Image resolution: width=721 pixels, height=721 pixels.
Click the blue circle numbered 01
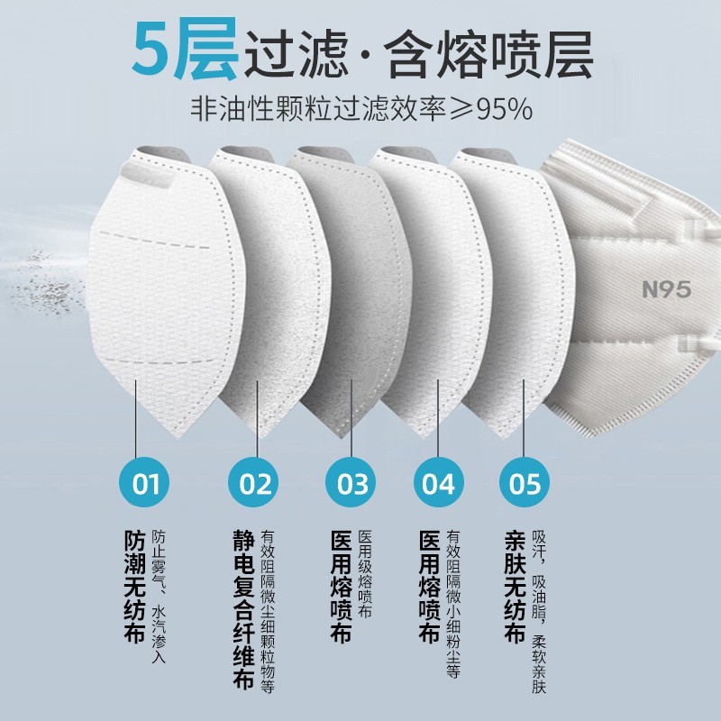click(x=144, y=482)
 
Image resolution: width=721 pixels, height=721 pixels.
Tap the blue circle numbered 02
click(x=253, y=482)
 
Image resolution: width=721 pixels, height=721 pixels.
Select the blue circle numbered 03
click(x=351, y=482)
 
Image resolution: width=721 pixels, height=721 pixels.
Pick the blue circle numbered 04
click(x=439, y=482)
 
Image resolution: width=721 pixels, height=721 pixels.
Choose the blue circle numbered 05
click(x=525, y=482)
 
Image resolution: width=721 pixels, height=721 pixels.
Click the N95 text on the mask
click(x=666, y=289)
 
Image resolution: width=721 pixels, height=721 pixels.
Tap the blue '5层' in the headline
click(x=185, y=49)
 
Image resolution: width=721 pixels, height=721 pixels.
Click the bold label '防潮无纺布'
click(x=134, y=587)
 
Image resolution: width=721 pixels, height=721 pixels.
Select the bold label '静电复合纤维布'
click(x=243, y=610)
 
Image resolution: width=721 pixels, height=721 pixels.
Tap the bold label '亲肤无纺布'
click(x=515, y=587)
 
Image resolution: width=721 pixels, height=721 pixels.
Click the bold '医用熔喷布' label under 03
click(x=341, y=587)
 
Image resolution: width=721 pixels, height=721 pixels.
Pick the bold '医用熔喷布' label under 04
click(x=430, y=587)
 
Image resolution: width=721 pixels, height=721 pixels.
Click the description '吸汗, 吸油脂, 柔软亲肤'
click(x=539, y=612)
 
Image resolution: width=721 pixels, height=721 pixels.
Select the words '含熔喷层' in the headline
click(x=488, y=54)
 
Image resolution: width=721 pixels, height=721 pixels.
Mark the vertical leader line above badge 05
click(x=524, y=418)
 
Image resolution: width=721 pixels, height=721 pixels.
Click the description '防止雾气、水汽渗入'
click(x=159, y=597)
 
